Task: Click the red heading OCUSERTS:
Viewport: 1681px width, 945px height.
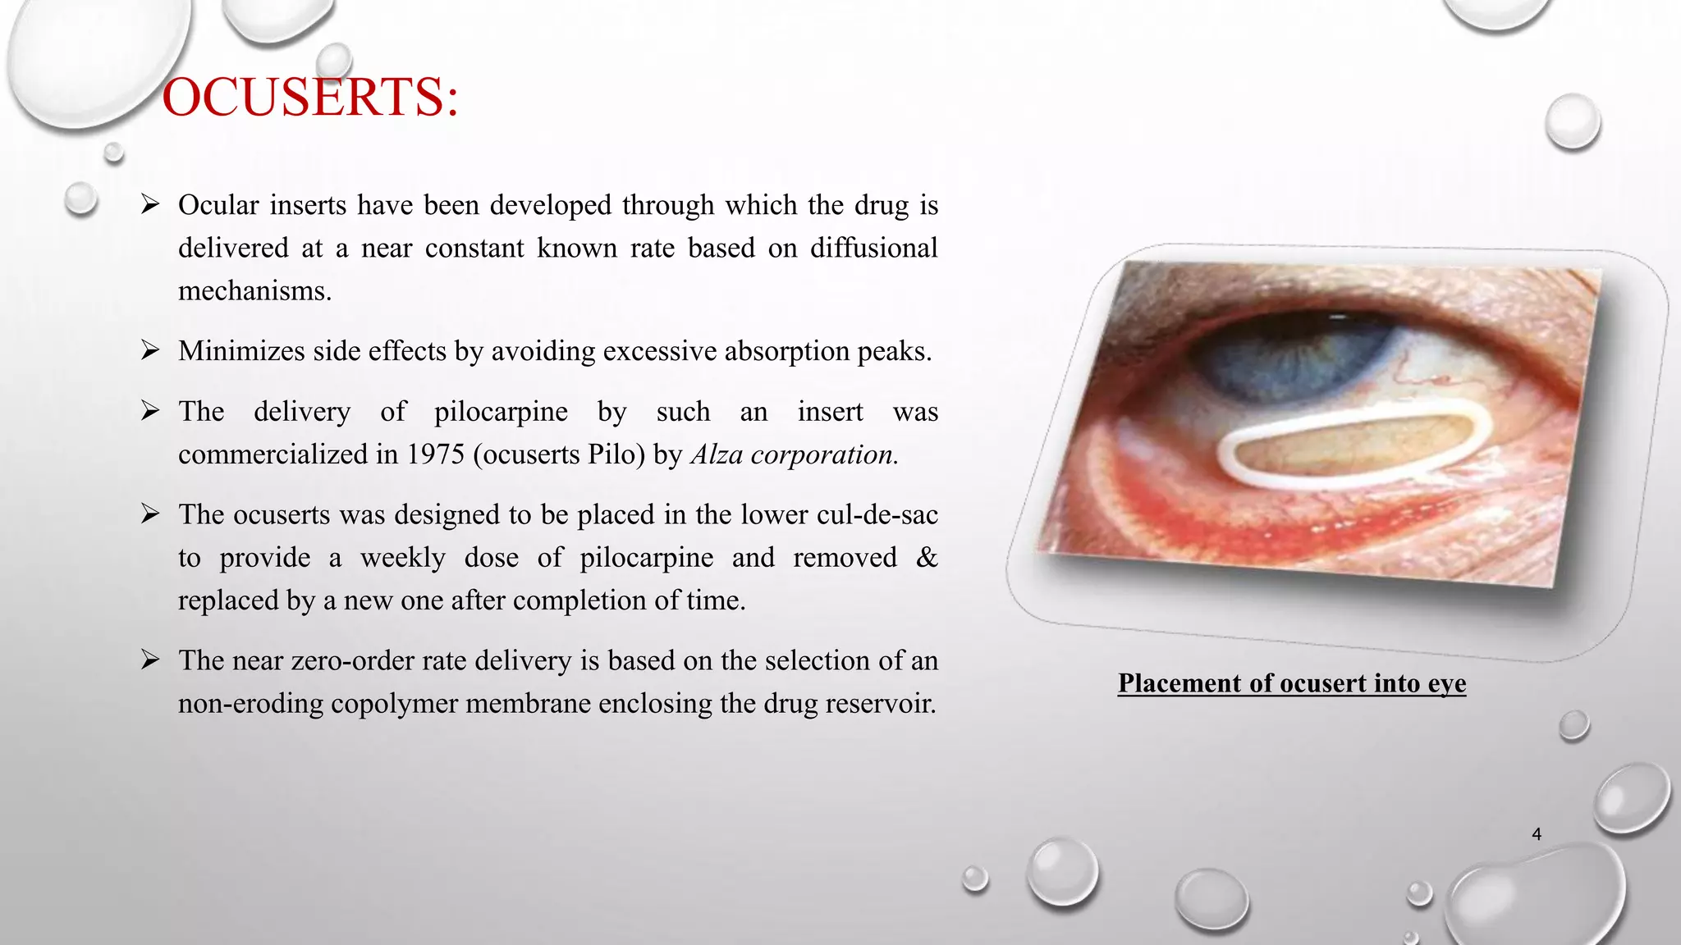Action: [310, 98]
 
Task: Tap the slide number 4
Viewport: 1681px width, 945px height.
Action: [1537, 834]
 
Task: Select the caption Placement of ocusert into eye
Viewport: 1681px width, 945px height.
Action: [1291, 683]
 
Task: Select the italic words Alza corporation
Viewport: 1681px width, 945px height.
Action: [794, 454]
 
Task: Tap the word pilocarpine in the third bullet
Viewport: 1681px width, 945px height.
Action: [501, 412]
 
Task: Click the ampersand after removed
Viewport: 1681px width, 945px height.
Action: [926, 558]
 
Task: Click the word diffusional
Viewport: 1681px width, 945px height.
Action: [873, 249]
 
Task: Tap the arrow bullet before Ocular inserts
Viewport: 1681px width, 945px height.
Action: [149, 204]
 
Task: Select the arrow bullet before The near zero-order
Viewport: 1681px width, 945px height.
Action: [149, 660]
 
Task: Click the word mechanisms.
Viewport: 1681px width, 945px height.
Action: [254, 291]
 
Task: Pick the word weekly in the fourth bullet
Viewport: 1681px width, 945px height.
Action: [402, 558]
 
